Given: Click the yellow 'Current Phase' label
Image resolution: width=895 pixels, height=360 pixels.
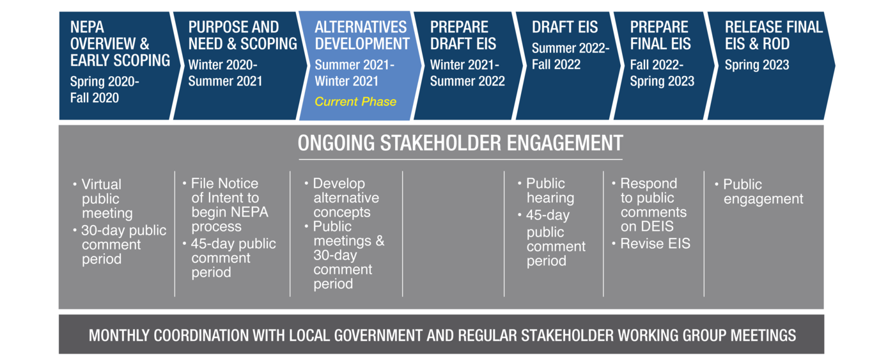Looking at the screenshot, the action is pos(355,102).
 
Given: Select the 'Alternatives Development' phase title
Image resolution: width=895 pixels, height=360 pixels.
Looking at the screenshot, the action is pos(362,36).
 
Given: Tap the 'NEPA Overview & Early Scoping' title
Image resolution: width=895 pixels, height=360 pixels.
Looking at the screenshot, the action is pos(120,43).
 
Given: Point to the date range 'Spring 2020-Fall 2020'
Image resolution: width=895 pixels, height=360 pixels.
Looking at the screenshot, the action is pos(105,90).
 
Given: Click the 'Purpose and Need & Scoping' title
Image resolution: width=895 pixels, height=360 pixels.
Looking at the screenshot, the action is pos(242,36).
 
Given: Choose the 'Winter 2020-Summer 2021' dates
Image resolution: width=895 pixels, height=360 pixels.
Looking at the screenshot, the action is pos(225,73).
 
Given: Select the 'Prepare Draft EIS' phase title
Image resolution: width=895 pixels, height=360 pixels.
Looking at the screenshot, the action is pos(463,36).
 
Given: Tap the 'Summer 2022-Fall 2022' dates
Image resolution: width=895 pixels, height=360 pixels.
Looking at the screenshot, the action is pos(570,56).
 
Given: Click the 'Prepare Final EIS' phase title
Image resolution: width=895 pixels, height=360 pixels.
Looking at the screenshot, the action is pos(660,36).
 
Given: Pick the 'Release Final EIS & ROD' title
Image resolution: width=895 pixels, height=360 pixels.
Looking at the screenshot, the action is pos(774,36).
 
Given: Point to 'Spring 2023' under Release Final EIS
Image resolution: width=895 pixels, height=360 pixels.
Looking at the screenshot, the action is pos(757,65).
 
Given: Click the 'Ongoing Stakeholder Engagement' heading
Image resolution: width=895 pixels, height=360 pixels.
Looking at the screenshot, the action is pos(460,143).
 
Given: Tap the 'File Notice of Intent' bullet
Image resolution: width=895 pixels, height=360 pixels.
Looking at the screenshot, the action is pos(225,205).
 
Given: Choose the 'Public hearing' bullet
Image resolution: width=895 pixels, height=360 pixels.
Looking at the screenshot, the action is pos(546,190).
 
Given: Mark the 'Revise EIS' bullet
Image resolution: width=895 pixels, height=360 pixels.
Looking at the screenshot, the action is pos(651,244).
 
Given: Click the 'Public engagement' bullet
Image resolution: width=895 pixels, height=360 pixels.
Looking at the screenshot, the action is pos(759,191).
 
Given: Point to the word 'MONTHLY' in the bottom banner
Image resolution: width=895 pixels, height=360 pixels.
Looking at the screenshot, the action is pos(119,335).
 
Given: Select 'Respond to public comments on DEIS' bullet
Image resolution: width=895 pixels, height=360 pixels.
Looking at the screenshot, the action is pos(650,205).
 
